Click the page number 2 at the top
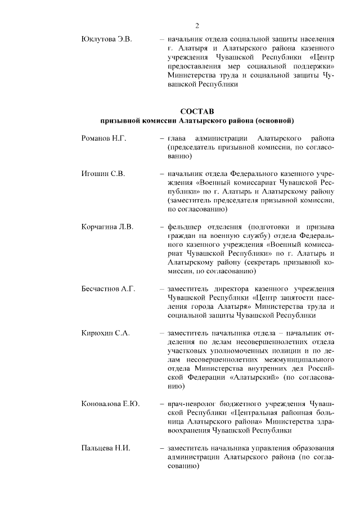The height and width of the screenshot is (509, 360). [x=197, y=25]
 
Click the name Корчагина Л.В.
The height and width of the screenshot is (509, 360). [x=107, y=227]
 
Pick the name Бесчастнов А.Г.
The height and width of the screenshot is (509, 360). [x=109, y=289]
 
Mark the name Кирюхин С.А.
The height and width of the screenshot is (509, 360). [x=106, y=333]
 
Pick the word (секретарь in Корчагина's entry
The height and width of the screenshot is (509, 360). [x=267, y=262]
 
